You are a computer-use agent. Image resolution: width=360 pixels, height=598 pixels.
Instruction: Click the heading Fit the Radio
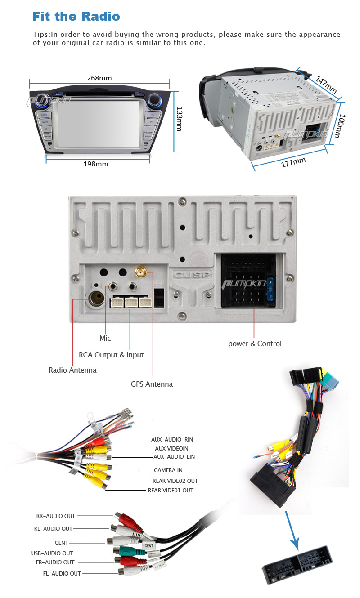pos(76,17)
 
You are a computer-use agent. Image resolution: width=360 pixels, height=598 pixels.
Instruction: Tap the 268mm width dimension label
pos(99,78)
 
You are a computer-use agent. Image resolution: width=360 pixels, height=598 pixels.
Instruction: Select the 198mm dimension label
pos(96,164)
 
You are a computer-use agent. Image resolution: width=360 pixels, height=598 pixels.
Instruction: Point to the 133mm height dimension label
pos(179,119)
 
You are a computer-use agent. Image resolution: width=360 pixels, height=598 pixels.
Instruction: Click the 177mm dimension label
pos(293,162)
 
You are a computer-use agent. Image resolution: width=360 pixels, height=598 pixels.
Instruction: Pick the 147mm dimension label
pos(325,85)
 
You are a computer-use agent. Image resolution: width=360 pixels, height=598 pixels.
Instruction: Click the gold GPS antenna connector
pos(140,272)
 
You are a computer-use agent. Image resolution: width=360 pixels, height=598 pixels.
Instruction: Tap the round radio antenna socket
pos(95,299)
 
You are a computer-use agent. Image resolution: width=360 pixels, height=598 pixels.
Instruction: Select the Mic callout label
pos(105,338)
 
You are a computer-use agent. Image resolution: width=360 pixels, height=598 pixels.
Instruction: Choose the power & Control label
pos(255,344)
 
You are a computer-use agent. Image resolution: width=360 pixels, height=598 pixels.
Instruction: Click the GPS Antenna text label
pos(152,384)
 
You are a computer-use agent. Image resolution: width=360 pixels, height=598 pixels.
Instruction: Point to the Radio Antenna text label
pos(72,370)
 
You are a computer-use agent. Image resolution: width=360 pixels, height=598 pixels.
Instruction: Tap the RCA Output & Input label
pos(111,355)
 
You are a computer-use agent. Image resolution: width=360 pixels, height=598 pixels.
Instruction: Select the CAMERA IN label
pos(168,470)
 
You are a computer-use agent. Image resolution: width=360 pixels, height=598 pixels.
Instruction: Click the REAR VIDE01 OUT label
pos(171,490)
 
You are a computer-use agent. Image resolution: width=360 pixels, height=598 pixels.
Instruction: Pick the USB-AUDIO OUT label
pos(52,553)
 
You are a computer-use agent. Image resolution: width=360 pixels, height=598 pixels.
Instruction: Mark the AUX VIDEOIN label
pos(171,448)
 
